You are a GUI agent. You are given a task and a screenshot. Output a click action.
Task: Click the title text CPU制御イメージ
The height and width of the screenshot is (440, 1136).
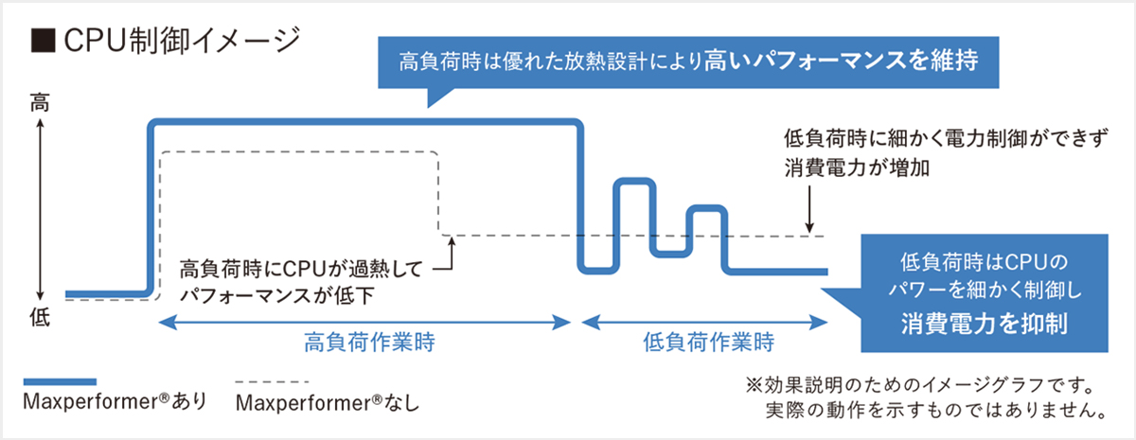pos(180,41)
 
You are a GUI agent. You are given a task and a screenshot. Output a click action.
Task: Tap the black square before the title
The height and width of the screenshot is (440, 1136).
pos(40,41)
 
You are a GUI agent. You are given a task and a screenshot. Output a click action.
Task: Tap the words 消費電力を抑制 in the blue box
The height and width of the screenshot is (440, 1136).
pos(984,324)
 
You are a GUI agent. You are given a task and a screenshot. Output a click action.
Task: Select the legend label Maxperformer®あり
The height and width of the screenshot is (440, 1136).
pos(113,402)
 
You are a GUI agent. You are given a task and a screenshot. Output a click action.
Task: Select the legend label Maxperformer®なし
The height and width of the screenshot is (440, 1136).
pos(326,402)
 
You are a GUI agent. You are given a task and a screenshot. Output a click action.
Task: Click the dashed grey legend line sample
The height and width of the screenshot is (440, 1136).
pos(270,381)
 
